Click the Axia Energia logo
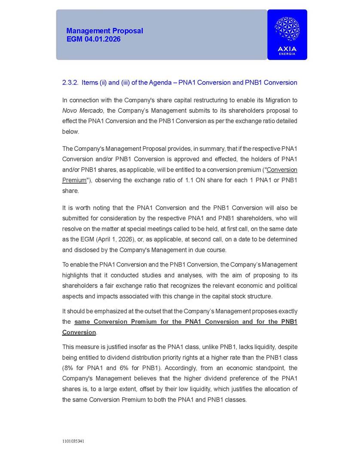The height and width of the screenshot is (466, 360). click(x=287, y=34)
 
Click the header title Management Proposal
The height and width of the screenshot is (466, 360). click(x=104, y=31)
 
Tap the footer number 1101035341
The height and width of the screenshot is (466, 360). click(x=73, y=441)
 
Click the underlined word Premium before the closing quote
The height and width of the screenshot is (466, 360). click(x=74, y=180)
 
